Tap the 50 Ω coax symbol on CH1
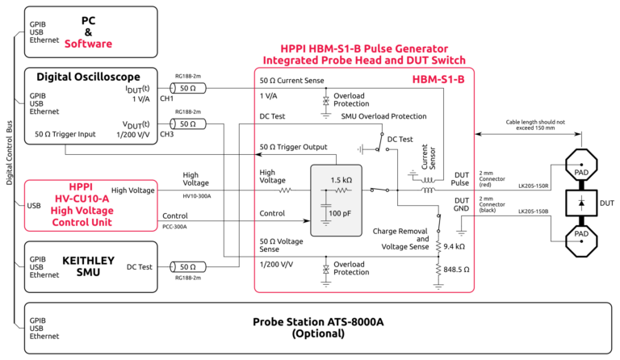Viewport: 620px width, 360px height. click(187, 88)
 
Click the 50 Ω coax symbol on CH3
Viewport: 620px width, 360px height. click(187, 123)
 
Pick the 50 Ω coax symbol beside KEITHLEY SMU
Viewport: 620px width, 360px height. click(187, 266)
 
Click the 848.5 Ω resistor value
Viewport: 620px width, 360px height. click(459, 269)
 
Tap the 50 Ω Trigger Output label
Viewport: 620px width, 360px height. click(293, 147)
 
